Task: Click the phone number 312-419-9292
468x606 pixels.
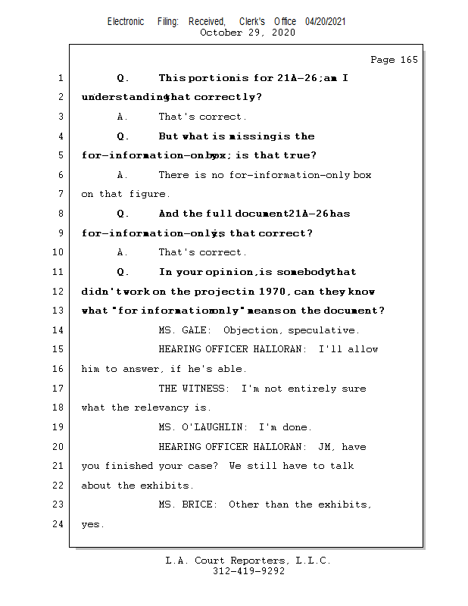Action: (x=248, y=572)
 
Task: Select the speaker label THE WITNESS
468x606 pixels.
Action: (x=194, y=389)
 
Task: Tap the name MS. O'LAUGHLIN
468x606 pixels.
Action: (x=203, y=427)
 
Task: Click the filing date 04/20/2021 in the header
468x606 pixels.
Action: (x=326, y=22)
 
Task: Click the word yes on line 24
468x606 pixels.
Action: (x=92, y=524)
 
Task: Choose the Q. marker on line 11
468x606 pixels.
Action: (x=123, y=272)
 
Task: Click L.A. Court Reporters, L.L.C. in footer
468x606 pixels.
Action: (x=248, y=561)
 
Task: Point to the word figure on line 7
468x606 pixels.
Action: (x=148, y=195)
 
